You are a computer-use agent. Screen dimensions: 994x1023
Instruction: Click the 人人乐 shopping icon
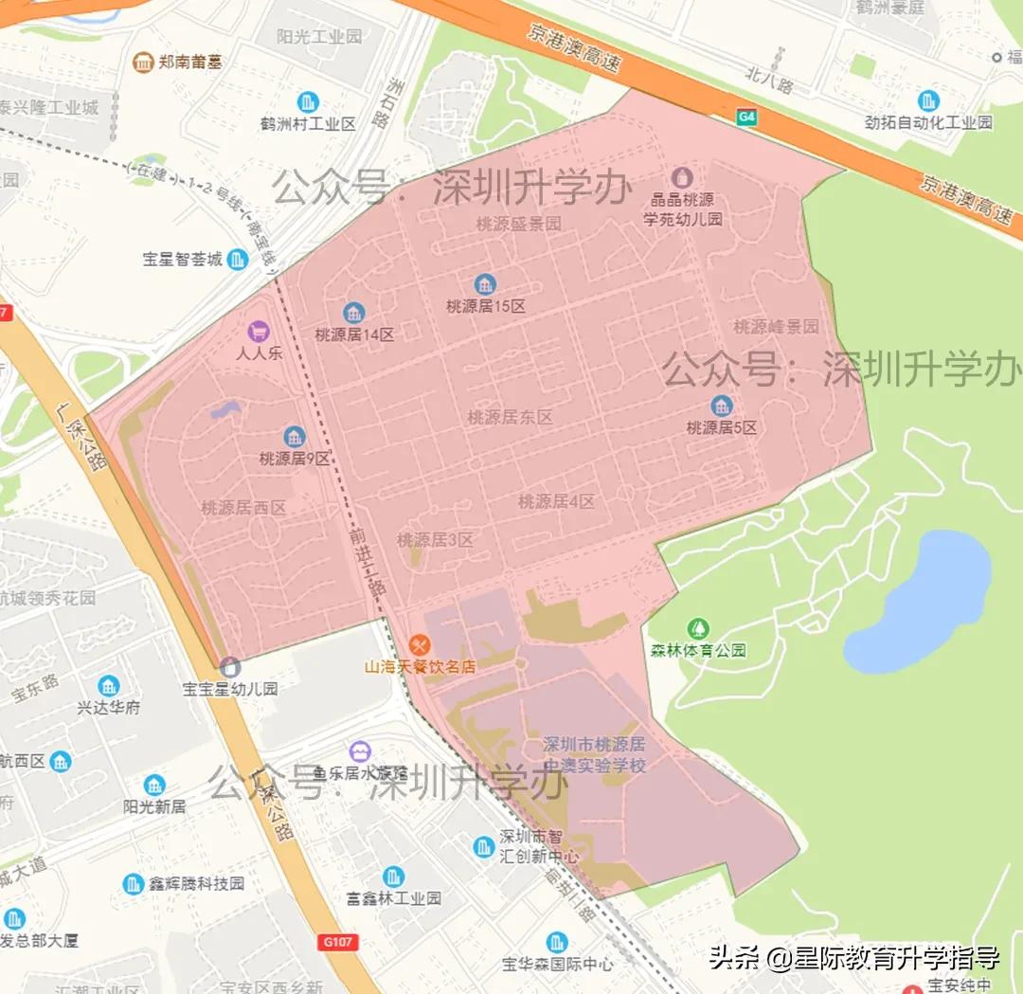(258, 332)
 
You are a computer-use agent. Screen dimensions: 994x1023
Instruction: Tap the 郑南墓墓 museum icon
(143, 63)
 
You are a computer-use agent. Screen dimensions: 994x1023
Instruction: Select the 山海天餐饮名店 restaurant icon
(421, 644)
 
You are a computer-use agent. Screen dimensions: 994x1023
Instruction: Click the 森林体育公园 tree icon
(698, 628)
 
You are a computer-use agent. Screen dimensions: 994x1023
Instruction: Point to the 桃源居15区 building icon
(485, 284)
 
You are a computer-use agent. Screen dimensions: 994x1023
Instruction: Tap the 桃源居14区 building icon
(354, 313)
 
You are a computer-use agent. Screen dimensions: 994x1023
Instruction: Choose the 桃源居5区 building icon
(722, 406)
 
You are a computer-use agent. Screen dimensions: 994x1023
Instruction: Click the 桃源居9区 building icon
(295, 437)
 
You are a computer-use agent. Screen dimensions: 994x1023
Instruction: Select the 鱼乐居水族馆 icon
(359, 751)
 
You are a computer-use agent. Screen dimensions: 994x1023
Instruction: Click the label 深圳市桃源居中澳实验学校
(595, 754)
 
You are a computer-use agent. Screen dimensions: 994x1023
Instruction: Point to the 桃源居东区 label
(510, 417)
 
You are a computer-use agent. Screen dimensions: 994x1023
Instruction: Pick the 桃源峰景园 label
(776, 327)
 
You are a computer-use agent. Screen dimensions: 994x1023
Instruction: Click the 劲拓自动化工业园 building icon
(928, 100)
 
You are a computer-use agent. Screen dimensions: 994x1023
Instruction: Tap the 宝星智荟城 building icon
(238, 259)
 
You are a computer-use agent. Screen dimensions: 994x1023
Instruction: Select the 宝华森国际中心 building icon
(557, 943)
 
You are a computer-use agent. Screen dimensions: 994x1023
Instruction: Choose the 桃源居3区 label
(435, 540)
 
